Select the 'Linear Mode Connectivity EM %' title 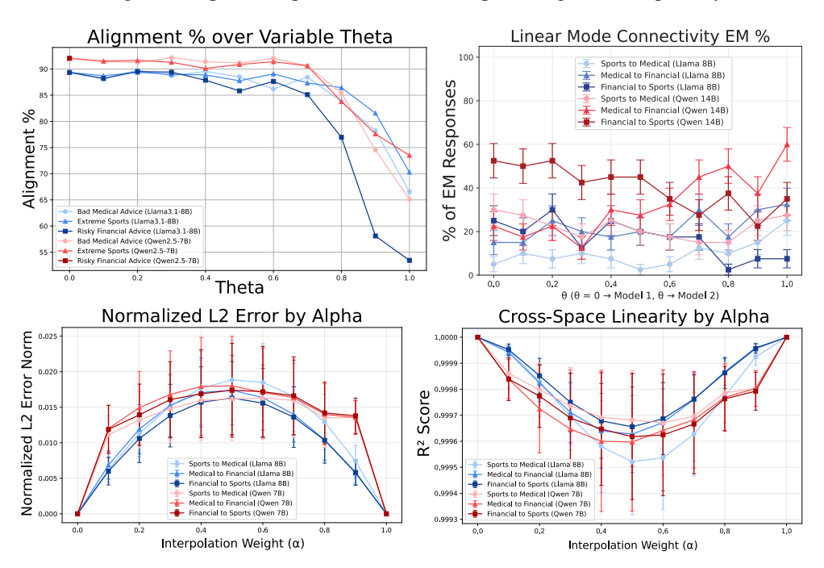(640, 36)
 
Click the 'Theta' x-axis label (239, 286)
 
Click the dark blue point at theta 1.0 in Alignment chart (410, 260)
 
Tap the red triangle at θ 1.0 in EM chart (786, 144)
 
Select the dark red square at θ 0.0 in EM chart (494, 161)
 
